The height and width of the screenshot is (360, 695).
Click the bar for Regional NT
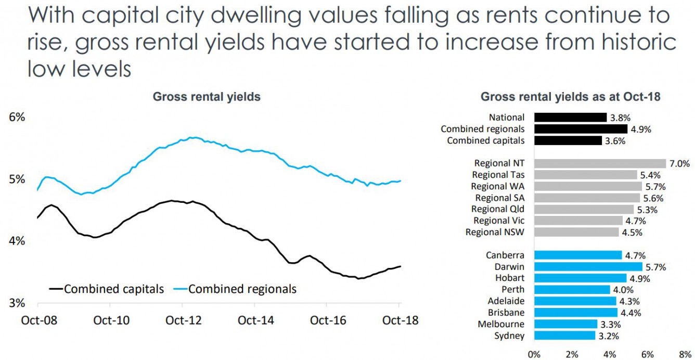tap(600, 163)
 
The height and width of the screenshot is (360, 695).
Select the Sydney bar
tap(564, 336)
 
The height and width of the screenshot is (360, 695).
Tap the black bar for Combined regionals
tap(581, 129)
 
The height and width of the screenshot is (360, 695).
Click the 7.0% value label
tap(679, 163)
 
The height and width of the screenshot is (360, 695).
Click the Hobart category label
tap(510, 278)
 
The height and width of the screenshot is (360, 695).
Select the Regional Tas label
tap(498, 175)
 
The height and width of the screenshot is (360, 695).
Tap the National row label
tap(507, 118)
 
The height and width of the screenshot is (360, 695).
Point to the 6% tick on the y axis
tap(17, 117)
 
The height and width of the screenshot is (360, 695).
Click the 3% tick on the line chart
tap(17, 303)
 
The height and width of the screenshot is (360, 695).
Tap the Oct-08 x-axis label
tap(39, 320)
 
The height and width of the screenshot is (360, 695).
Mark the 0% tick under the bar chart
tap(534, 354)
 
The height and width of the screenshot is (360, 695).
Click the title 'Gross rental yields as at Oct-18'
tap(570, 97)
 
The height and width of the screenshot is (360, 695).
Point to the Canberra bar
tap(578, 255)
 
